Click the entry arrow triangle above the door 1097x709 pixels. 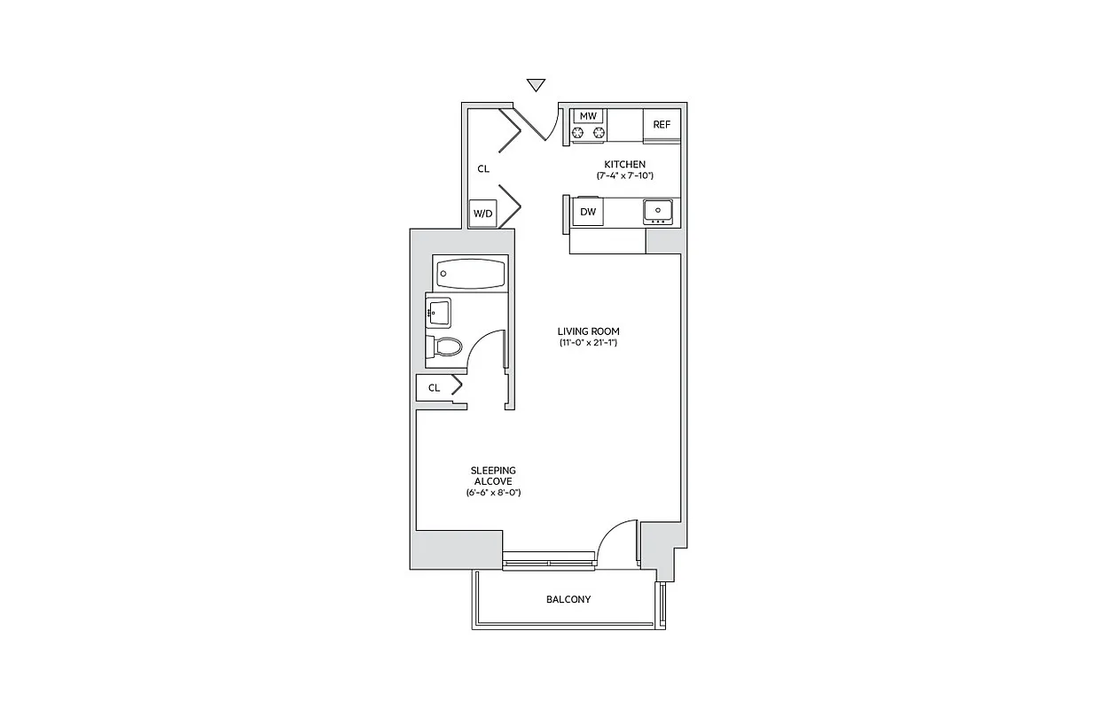click(535, 85)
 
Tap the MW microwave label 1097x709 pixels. click(587, 116)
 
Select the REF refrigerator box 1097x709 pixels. click(662, 124)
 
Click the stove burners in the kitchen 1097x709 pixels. click(587, 133)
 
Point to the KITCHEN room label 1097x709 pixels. click(624, 164)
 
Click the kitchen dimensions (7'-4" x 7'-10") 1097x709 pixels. click(624, 176)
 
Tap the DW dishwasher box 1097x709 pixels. click(587, 212)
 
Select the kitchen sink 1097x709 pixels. click(657, 210)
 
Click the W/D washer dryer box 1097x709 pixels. click(482, 214)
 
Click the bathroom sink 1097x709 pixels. click(438, 312)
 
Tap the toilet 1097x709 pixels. click(446, 347)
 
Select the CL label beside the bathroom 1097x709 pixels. click(434, 387)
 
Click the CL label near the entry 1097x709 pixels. click(483, 168)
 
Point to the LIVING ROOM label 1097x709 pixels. click(589, 331)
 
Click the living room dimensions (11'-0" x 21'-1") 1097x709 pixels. click(589, 343)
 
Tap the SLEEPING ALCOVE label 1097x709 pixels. click(493, 476)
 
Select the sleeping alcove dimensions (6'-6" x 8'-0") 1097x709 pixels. click(493, 492)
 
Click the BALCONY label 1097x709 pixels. click(568, 600)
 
